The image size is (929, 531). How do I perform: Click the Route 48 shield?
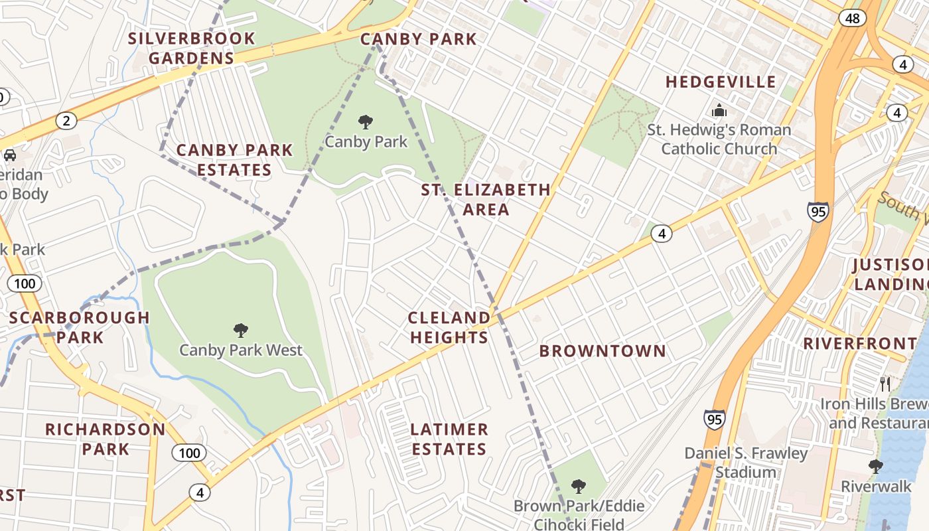coord(853,18)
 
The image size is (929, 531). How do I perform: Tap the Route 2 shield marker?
coord(66,120)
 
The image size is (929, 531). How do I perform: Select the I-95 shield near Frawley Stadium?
coord(714,419)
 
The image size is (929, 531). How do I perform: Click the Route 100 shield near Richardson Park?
coord(189,453)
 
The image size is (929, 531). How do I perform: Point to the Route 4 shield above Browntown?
coord(662,233)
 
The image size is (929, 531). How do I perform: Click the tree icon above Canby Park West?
coord(241,330)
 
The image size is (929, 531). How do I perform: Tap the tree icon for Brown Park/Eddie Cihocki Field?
coord(579,487)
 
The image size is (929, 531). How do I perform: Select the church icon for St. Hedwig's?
coord(719,110)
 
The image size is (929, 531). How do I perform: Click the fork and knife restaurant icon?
coord(885,384)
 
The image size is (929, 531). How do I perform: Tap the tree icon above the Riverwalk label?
coord(876,466)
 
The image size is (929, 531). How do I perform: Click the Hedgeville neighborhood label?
coord(721,82)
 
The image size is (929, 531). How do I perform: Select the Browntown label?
coord(603,351)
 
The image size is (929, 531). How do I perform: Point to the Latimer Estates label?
coord(449,439)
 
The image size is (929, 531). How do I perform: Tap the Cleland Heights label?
coord(449,327)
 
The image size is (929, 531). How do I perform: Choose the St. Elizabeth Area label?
coord(486,200)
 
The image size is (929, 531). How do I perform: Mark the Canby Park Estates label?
coord(234,160)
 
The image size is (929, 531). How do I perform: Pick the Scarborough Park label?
coord(80,327)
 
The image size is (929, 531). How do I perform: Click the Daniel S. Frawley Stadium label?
coord(747,463)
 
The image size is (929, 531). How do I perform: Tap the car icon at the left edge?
coord(10,155)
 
